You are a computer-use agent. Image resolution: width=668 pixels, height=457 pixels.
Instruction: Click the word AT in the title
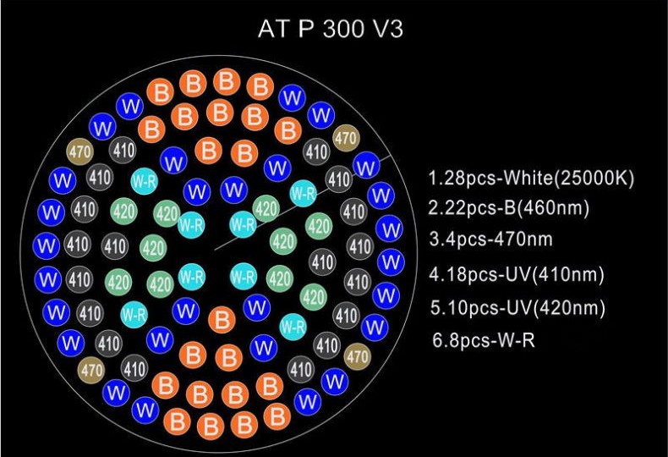pos(273,29)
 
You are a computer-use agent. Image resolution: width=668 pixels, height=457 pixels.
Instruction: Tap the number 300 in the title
pos(343,29)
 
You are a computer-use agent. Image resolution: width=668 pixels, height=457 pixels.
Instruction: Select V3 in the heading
pos(387,29)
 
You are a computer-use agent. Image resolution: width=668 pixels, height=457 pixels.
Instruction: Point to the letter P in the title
pos(305,29)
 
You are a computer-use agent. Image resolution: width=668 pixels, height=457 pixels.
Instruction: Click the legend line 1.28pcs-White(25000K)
pos(531,178)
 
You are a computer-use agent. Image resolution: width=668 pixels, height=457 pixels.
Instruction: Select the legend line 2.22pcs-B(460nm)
pos(509,208)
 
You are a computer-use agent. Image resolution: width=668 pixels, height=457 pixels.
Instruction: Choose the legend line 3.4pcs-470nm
pos(490,239)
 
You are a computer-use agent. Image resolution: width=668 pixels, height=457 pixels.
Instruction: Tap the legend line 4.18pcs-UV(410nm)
pos(517,274)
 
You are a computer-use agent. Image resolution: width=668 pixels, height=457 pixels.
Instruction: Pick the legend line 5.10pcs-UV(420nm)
pos(517,308)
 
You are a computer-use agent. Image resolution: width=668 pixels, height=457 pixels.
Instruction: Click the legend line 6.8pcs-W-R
pos(484,340)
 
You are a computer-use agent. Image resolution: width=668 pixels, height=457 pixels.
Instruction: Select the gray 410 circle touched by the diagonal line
pos(339,179)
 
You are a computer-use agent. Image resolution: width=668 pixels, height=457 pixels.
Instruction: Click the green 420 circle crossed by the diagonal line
pos(266,209)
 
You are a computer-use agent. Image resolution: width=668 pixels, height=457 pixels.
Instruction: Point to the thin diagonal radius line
pos(303,202)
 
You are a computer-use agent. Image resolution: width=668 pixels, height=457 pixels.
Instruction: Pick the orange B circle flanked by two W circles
pos(222,320)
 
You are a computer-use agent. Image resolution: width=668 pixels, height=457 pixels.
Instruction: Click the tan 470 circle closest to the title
pos(346,138)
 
